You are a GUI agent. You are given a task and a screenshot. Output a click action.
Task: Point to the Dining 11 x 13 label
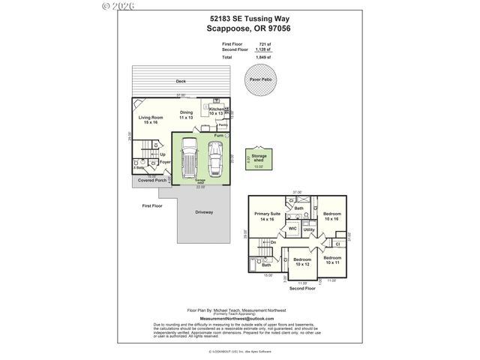coord(186,115)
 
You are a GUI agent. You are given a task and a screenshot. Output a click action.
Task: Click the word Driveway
coord(204,212)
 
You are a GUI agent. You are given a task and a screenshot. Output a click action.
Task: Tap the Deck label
coord(181,81)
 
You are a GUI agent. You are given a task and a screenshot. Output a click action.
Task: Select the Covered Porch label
coord(152,180)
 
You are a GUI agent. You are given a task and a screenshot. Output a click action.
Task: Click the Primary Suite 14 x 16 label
coord(268,216)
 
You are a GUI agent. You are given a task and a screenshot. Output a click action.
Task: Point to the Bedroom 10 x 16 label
coord(331,216)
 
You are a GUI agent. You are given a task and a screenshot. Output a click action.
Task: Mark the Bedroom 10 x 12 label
coord(302,261)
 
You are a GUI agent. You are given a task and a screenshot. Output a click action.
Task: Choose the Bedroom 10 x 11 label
coord(331,259)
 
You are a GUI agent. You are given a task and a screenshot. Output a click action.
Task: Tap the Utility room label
coord(308,229)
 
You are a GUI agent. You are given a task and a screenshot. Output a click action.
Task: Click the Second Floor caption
coord(300,288)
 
